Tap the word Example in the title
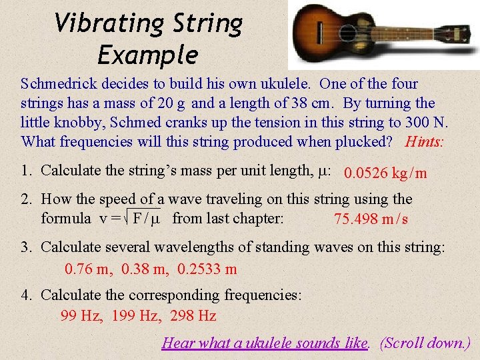pos(147,55)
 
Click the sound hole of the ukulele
pos(347,32)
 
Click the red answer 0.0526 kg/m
pos(385,173)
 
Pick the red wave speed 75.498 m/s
pos(371,219)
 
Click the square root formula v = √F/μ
pos(129,218)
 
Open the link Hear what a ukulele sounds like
pos(265,343)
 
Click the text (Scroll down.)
pos(425,343)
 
